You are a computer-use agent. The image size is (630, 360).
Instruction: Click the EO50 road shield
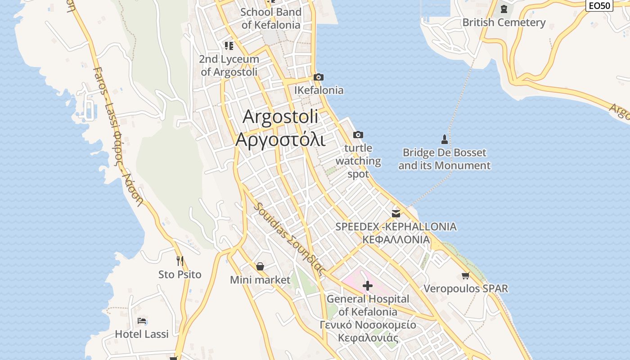[599, 5]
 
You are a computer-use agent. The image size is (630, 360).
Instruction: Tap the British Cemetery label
[504, 22]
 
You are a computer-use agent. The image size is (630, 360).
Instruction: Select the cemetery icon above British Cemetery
[504, 9]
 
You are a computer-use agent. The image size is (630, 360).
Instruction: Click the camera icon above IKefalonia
[319, 77]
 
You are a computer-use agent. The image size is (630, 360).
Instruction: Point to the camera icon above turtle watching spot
[358, 135]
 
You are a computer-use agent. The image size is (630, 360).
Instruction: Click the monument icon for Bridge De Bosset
[445, 139]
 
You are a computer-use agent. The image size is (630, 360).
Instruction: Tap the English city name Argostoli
[280, 117]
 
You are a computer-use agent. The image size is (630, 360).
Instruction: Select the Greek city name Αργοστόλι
[280, 139]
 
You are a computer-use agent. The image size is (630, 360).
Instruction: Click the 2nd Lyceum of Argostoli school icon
[229, 46]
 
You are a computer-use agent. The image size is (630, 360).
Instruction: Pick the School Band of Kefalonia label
[270, 18]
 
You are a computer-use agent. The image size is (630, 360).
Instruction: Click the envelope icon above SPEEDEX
[396, 213]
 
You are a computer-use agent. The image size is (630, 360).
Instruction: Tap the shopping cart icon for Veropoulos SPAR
[465, 275]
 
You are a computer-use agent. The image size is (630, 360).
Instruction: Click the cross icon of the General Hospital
[368, 285]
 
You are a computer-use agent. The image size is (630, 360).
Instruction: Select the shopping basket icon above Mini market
[260, 266]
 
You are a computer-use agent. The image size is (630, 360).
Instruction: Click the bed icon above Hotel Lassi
[142, 321]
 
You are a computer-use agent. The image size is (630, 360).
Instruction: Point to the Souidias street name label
[289, 239]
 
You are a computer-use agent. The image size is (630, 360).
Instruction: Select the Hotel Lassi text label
[142, 334]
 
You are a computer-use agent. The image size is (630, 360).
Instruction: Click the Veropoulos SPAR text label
[466, 288]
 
